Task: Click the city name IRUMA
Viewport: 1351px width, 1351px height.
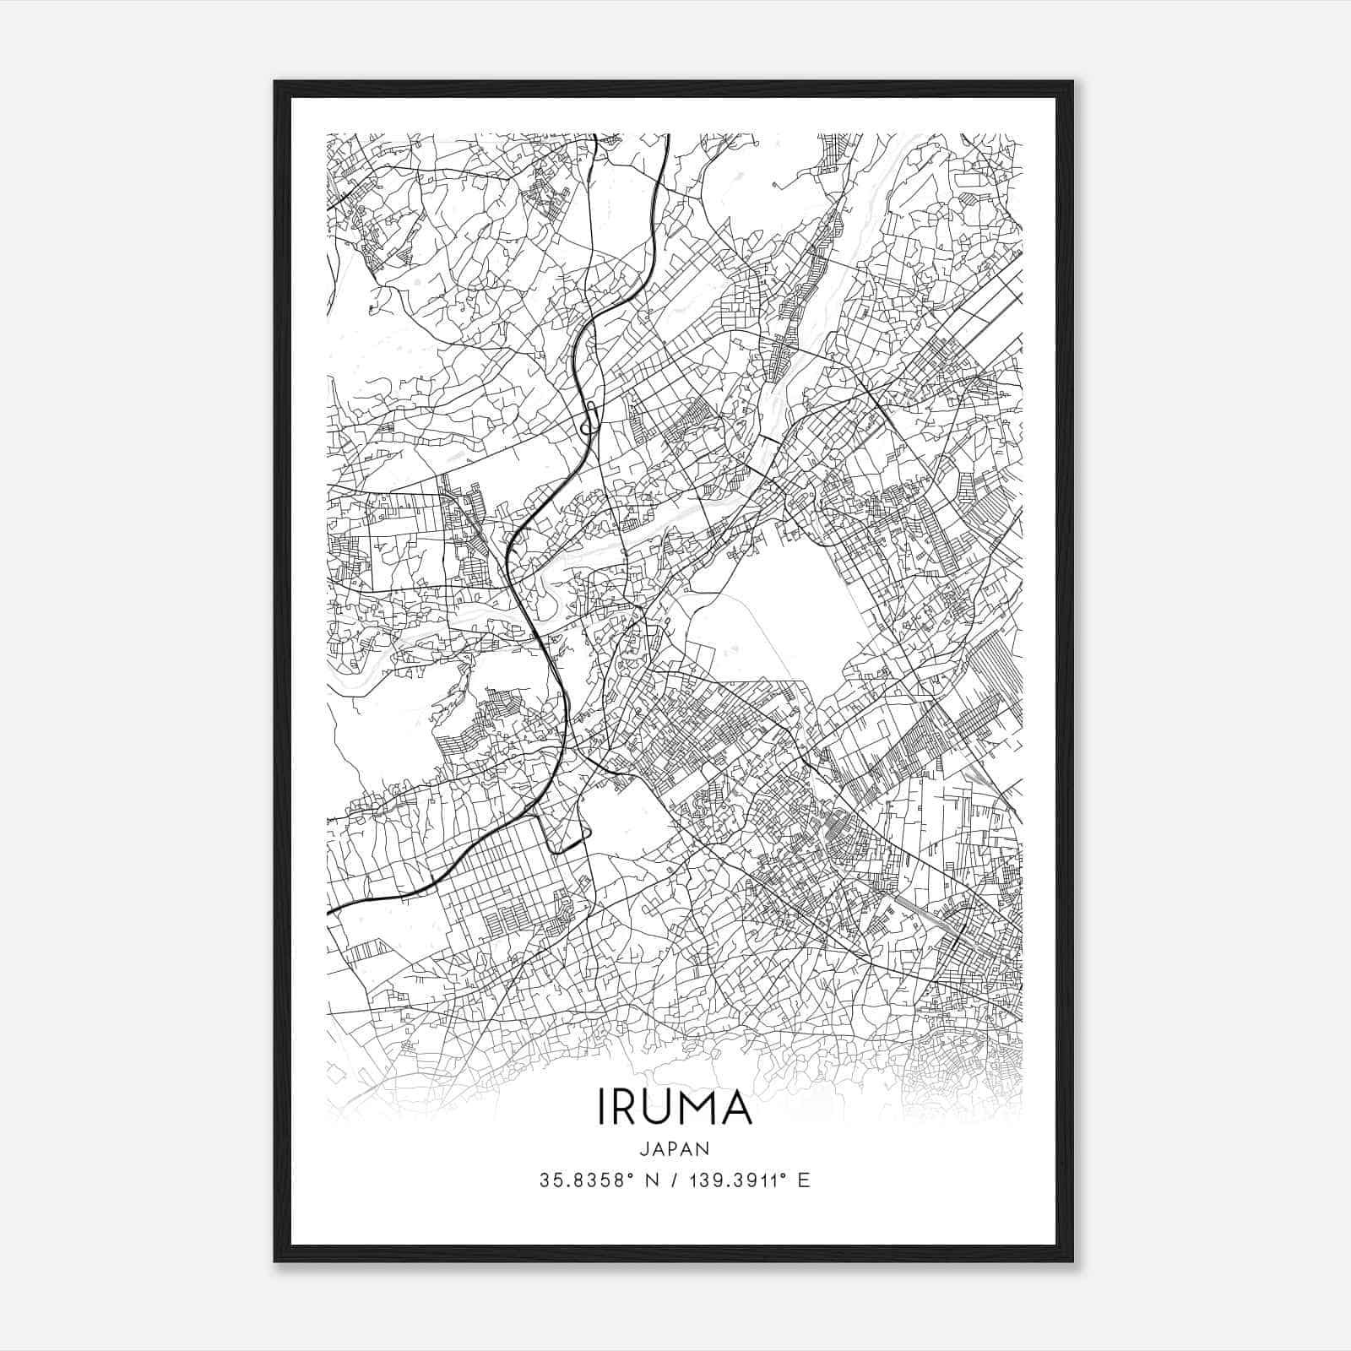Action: [675, 1107]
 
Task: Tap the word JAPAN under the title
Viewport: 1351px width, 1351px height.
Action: [675, 1149]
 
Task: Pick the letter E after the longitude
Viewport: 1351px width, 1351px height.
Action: [804, 1180]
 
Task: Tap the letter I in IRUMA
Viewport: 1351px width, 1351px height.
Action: [600, 1107]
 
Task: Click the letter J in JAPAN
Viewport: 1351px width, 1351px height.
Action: [643, 1149]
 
